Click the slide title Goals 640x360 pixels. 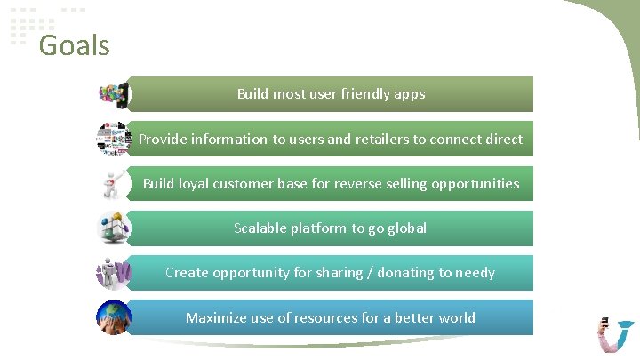tap(74, 44)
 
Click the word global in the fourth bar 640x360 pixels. tap(407, 228)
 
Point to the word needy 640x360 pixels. tap(475, 273)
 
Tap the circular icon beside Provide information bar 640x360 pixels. tap(114, 139)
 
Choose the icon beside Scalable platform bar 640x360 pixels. tap(114, 228)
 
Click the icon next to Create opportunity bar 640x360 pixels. tap(114, 273)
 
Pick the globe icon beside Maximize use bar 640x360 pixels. tap(114, 318)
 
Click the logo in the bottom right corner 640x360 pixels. tap(615, 334)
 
